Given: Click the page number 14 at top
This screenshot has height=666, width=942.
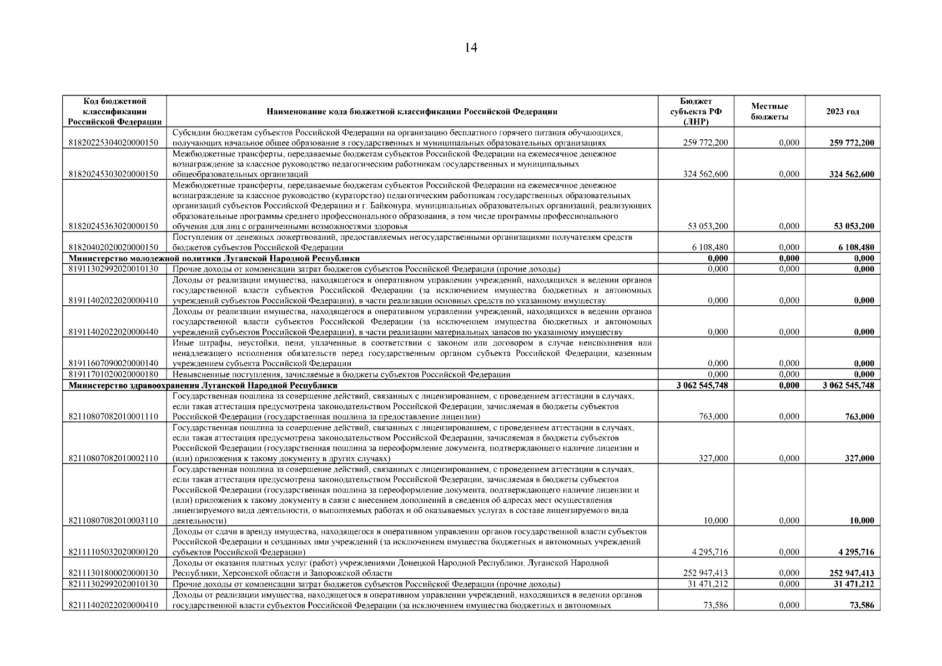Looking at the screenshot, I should tap(471, 48).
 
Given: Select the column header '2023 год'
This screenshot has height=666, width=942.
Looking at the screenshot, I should tap(842, 112).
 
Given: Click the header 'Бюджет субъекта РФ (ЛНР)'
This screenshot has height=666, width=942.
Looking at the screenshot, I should tap(696, 112).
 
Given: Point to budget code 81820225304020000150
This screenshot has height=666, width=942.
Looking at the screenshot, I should tap(113, 143).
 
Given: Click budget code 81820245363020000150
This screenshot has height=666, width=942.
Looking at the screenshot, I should tap(113, 226).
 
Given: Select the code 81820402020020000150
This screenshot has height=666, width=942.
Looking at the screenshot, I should tap(113, 248).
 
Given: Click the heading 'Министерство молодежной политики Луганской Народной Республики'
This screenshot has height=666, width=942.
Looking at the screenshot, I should tap(214, 259).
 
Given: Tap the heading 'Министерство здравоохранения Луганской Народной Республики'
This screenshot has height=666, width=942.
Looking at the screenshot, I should tap(203, 385).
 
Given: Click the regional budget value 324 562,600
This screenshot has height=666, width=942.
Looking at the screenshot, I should tap(705, 174).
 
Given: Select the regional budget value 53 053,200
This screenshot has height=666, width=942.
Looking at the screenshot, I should tap(707, 226).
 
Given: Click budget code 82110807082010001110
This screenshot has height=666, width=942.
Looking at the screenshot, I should tap(113, 417).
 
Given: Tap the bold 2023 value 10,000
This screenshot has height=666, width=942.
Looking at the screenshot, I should tap(862, 521).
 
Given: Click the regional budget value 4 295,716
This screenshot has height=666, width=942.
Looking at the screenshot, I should tap(709, 552).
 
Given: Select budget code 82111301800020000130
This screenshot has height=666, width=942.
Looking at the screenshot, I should tap(113, 573).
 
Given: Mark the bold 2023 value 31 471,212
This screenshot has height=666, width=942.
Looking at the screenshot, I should tap(854, 584).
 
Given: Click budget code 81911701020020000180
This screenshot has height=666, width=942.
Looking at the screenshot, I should tap(113, 375).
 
